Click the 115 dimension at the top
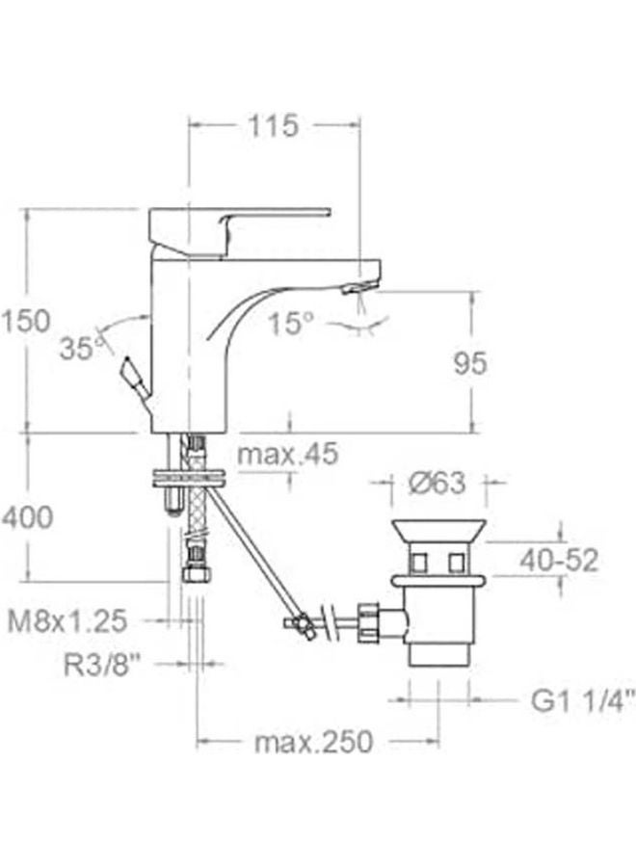[274, 124]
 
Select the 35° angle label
[78, 347]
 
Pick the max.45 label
[288, 453]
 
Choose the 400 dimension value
[27, 517]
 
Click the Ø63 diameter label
[439, 486]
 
